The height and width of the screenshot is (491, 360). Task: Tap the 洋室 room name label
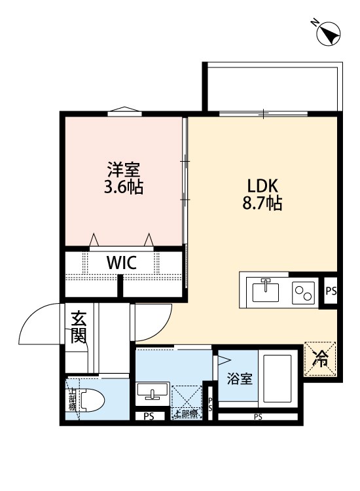click(124, 169)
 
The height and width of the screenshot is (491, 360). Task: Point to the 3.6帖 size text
click(124, 187)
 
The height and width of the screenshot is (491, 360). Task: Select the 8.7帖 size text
click(264, 203)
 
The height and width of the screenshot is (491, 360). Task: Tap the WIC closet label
click(122, 263)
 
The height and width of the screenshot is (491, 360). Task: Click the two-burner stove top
click(303, 290)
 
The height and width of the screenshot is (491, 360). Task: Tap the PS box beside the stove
click(331, 290)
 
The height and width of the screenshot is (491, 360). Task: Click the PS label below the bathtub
click(258, 417)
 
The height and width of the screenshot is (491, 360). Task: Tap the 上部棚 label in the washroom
click(187, 414)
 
